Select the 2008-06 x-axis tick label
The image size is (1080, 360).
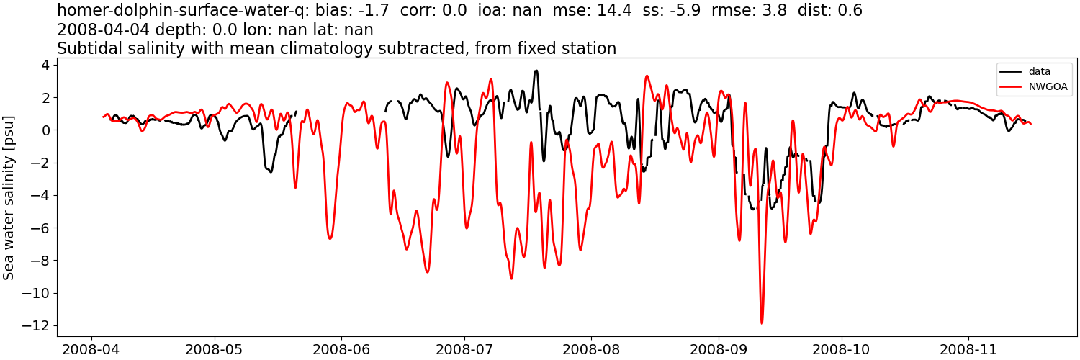341,350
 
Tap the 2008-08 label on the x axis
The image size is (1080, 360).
591,350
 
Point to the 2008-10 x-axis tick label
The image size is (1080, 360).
842,350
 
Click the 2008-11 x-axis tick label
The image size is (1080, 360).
968,350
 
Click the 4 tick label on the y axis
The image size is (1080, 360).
45,65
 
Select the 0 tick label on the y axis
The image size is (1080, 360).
45,130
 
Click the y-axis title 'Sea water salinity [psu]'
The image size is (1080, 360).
9,197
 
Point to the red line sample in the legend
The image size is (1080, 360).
1010,88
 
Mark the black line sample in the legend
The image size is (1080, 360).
1010,71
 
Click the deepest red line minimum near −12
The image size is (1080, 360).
762,323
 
